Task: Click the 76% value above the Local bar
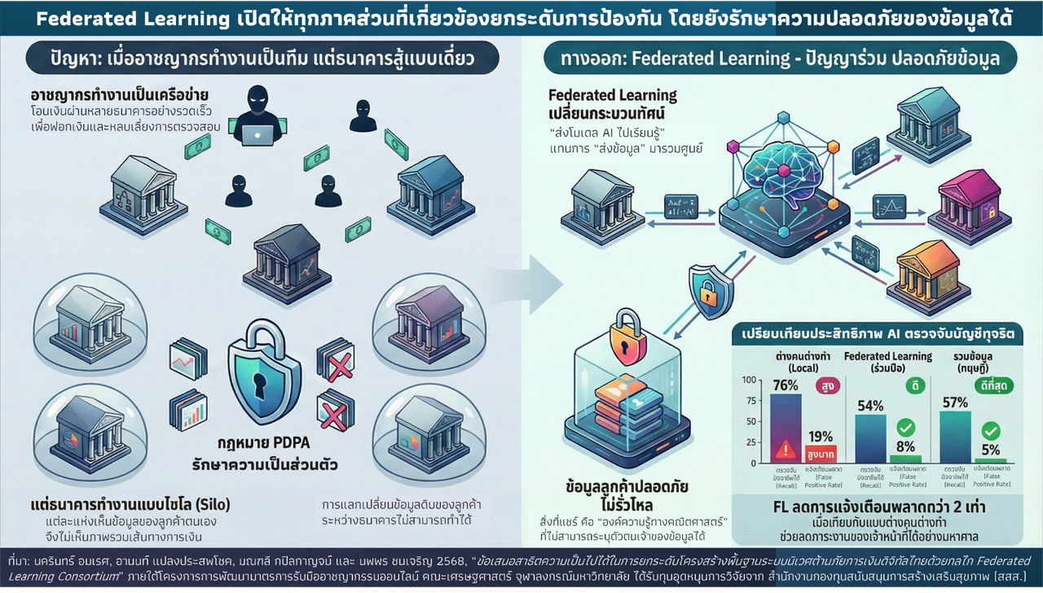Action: pos(784,385)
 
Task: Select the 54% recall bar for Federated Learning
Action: pos(870,438)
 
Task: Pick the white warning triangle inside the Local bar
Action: pos(786,447)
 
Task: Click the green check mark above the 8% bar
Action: pos(904,427)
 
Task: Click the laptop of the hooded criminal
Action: pos(251,135)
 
